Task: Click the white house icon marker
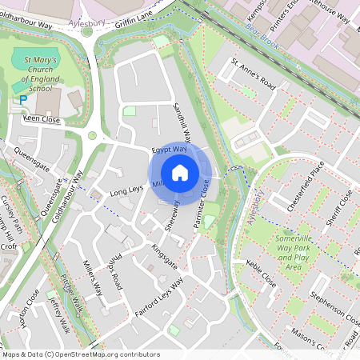click(x=180, y=172)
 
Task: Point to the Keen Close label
click(x=42, y=118)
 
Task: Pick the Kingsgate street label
click(x=164, y=258)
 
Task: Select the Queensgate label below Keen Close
click(x=33, y=152)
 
